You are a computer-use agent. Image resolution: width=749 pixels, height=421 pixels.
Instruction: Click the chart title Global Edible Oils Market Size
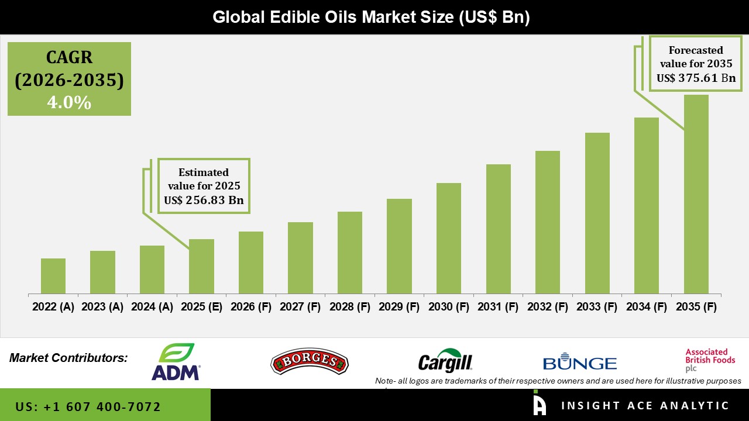pyautogui.click(x=371, y=17)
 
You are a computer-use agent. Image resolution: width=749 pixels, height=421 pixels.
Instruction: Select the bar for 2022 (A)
pyautogui.click(x=53, y=276)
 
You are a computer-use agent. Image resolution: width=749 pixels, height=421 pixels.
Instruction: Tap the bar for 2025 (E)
pyautogui.click(x=201, y=266)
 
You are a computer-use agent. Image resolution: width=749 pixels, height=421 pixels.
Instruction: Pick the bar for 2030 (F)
pyautogui.click(x=448, y=238)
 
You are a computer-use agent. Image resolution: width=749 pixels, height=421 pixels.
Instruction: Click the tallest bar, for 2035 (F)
pyautogui.click(x=696, y=194)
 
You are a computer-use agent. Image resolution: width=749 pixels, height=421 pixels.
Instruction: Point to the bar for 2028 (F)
pyautogui.click(x=349, y=253)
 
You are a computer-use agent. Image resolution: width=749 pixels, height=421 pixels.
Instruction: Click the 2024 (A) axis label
pyautogui.click(x=152, y=307)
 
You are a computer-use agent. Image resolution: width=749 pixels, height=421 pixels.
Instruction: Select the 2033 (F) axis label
pyautogui.click(x=597, y=307)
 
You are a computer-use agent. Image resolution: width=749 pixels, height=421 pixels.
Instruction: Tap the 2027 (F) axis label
pyautogui.click(x=300, y=307)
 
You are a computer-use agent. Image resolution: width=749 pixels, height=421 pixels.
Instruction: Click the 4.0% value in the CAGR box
pyautogui.click(x=69, y=103)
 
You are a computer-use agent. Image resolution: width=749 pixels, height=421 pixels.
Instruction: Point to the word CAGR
pyautogui.click(x=69, y=57)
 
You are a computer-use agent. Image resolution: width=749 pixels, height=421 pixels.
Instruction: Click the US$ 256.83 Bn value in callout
pyautogui.click(x=204, y=201)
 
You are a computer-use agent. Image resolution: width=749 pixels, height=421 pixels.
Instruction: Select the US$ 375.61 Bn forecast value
pyautogui.click(x=696, y=78)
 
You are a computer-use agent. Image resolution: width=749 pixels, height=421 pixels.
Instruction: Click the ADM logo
pyautogui.click(x=176, y=362)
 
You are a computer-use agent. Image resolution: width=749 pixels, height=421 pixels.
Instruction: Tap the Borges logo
pyautogui.click(x=310, y=363)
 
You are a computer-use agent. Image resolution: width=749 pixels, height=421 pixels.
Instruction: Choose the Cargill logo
pyautogui.click(x=445, y=361)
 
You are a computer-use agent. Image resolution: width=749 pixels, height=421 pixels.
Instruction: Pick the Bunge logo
pyautogui.click(x=579, y=363)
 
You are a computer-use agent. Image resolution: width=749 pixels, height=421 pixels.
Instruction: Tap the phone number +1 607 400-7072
pyautogui.click(x=88, y=406)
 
